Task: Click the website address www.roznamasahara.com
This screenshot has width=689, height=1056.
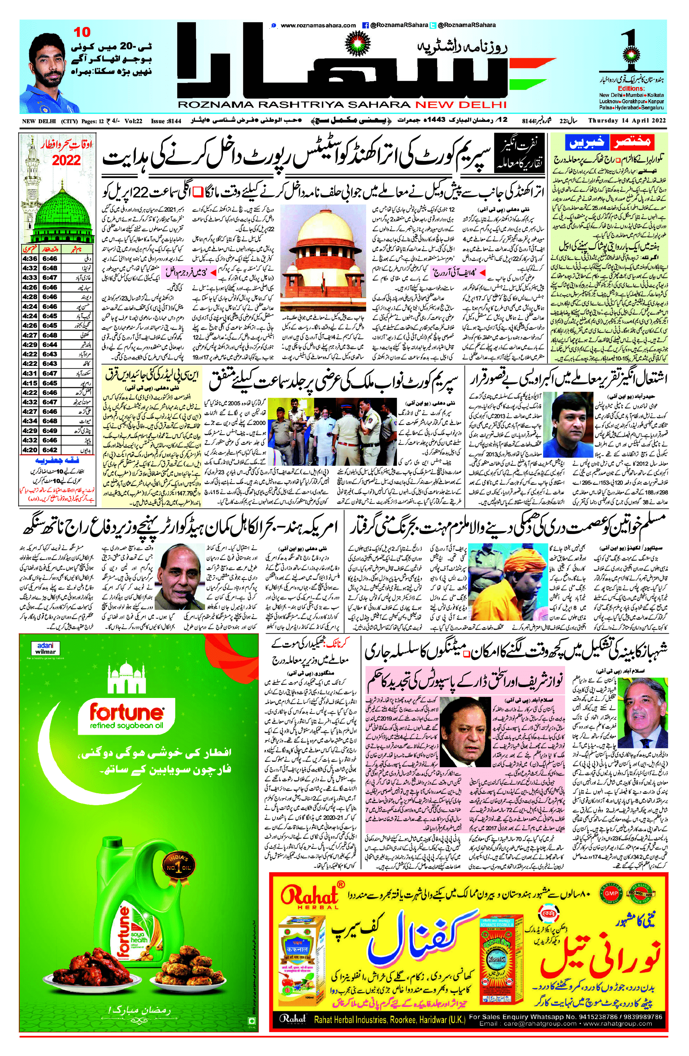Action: (318, 25)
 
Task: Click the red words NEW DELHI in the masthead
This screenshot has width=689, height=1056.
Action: (461, 105)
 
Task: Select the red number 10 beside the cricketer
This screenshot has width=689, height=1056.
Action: (82, 32)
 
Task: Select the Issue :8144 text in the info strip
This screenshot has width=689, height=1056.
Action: (165, 121)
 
